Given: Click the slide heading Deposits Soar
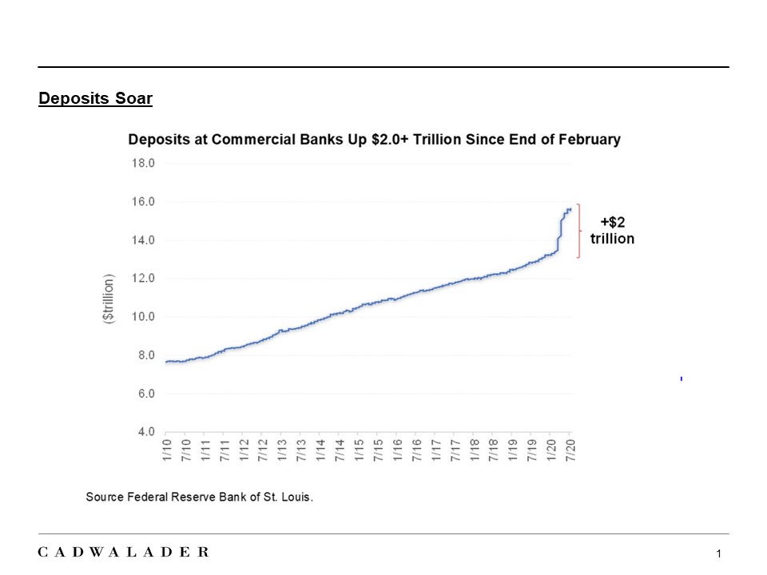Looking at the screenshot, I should [x=95, y=99].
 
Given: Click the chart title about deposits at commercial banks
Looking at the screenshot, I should [x=374, y=139].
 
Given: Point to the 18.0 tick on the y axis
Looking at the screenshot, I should [x=144, y=163].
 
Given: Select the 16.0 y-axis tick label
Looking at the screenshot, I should [x=144, y=201].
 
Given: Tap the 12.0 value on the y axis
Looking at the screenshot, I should [x=144, y=279].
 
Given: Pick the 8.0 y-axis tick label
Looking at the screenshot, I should [x=144, y=355].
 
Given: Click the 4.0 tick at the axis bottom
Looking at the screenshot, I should [x=144, y=432].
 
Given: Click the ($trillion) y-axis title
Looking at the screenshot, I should [x=109, y=298].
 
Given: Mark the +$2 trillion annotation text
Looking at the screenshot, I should [x=612, y=231].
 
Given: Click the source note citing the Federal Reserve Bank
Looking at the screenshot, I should [x=200, y=497].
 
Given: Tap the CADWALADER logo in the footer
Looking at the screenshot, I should [x=124, y=552].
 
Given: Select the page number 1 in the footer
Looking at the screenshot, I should [x=719, y=554].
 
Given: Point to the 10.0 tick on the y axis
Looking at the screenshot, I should [x=144, y=317].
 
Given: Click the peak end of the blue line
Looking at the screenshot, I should [x=570, y=209].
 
